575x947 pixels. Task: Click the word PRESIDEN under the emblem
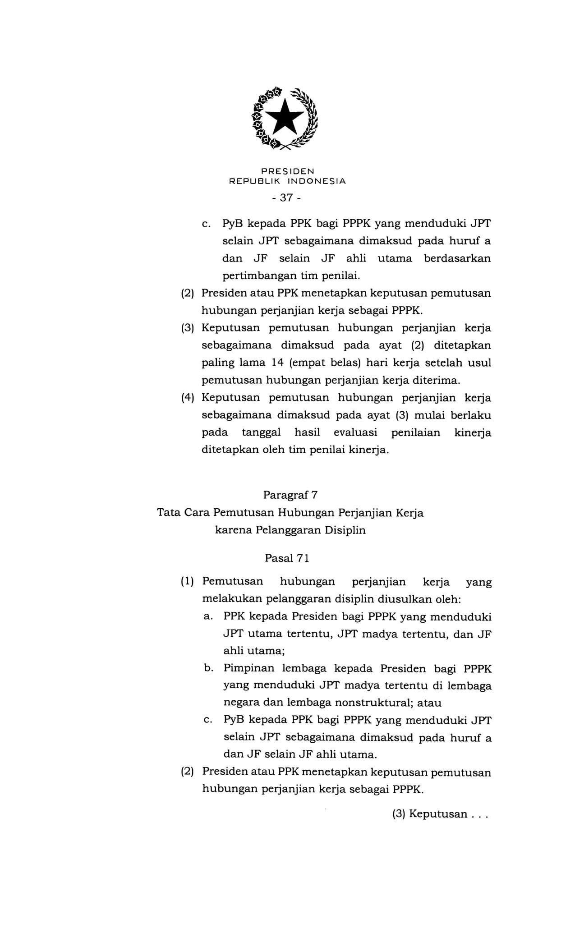click(287, 171)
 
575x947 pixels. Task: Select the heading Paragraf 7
click(290, 495)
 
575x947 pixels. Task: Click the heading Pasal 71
click(287, 558)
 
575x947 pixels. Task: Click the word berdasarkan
click(457, 258)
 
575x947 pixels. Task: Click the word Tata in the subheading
click(168, 513)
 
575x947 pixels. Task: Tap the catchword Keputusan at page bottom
click(438, 814)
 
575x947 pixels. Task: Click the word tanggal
click(261, 432)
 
